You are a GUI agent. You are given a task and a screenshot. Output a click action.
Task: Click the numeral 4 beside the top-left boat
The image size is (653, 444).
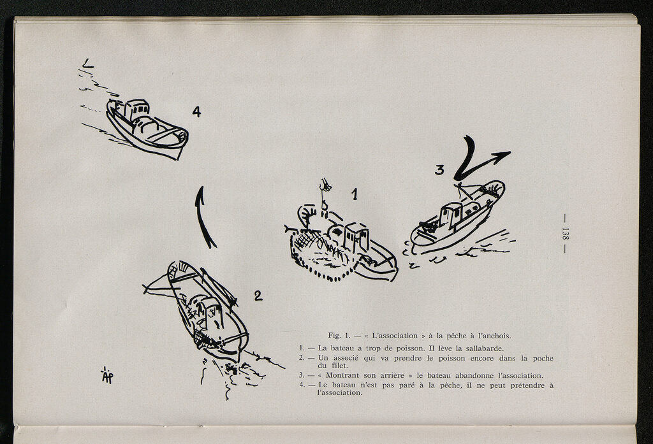pos(196,111)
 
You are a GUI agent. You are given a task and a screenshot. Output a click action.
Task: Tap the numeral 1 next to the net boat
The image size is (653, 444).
pos(355,194)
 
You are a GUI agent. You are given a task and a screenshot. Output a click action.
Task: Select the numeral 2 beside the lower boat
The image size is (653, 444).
pos(258,296)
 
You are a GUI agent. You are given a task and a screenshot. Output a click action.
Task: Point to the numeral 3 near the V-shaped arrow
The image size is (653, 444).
pos(440,170)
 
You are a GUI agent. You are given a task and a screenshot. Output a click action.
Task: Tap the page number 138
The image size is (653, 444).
pos(565,233)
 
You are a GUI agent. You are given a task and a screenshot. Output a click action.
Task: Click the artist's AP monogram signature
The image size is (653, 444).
pos(107,375)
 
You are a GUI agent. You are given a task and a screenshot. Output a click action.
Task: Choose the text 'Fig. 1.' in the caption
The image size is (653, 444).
pos(339,336)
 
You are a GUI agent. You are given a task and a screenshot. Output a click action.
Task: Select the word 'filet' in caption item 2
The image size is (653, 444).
pos(339,366)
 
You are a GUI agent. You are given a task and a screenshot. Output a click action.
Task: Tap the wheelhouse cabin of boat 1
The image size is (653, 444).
pos(356,237)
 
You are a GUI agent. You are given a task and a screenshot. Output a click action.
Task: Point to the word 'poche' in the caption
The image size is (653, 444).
pos(543,358)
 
